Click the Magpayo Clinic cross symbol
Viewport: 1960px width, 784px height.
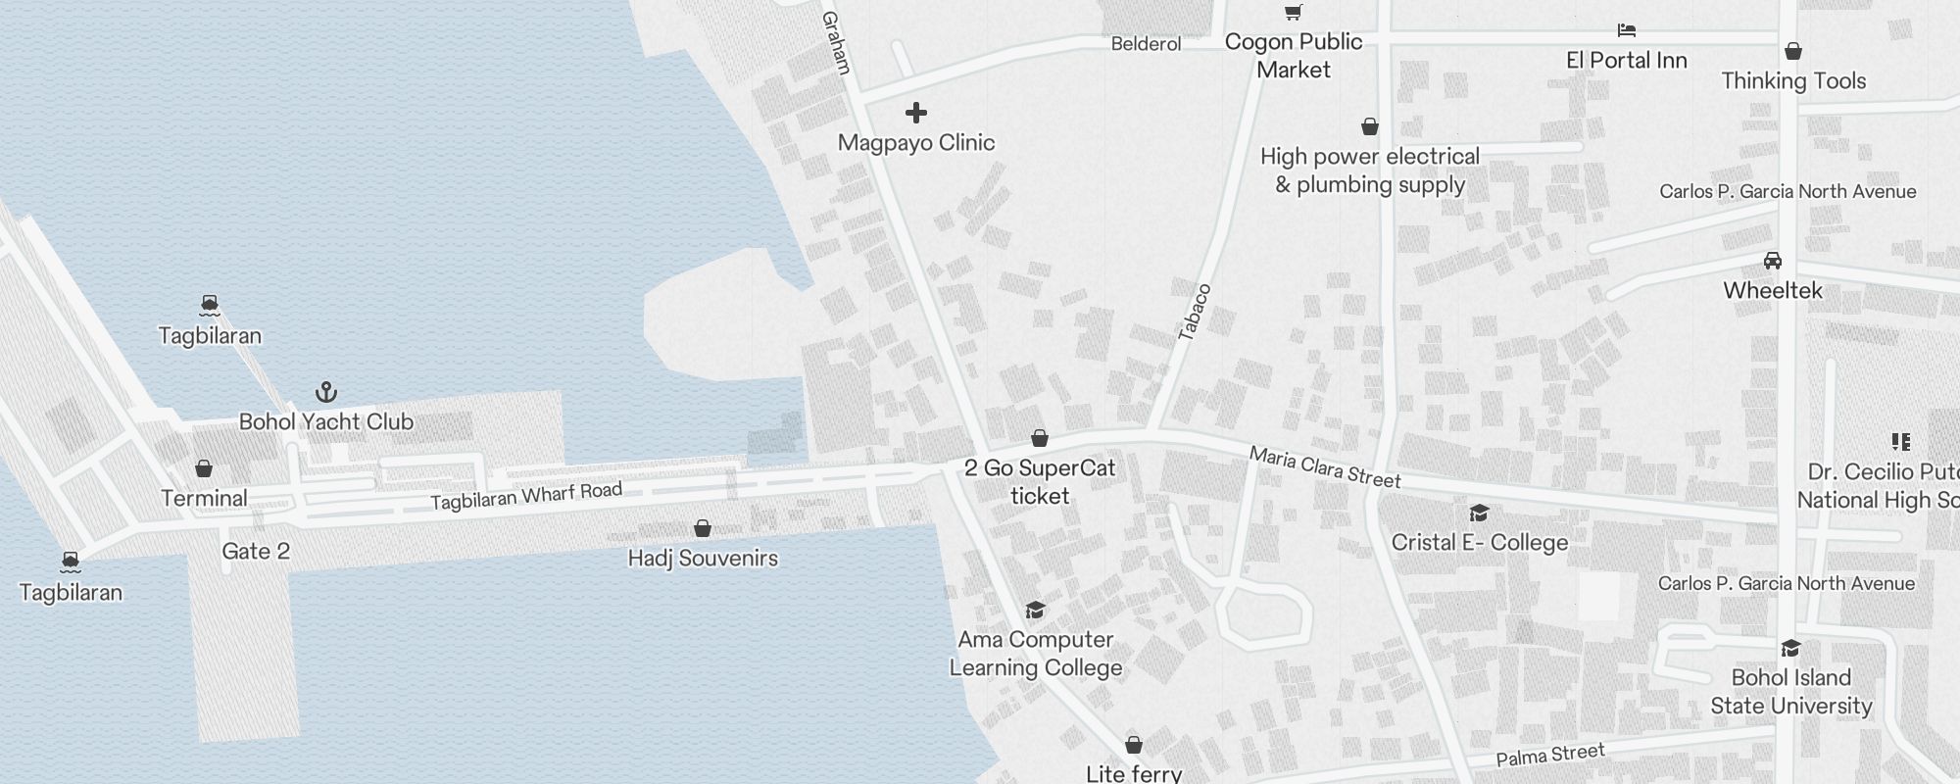tap(916, 113)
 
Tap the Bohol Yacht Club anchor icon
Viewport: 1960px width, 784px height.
tap(326, 393)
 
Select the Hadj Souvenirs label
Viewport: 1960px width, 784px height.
tap(703, 559)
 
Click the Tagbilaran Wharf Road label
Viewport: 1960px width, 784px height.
tap(526, 496)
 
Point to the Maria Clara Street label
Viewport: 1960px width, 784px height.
tap(1325, 466)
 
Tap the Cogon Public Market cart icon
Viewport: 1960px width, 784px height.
tap(1294, 13)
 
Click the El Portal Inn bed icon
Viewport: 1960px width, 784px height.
tap(1627, 30)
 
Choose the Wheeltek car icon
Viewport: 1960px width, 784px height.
tap(1773, 261)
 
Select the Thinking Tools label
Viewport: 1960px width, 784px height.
tap(1793, 81)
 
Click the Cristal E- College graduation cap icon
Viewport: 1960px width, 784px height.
tap(1479, 513)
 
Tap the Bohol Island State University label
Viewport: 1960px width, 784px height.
tap(1791, 692)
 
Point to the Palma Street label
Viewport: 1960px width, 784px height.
tap(1550, 756)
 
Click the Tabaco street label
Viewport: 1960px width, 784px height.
tap(1195, 312)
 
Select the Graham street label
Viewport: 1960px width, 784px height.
tap(836, 43)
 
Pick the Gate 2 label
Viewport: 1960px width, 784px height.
tap(256, 552)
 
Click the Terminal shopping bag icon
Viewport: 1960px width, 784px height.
tap(204, 468)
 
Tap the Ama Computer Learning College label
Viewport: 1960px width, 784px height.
tap(1036, 654)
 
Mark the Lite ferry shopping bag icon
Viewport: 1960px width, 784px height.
tap(1134, 745)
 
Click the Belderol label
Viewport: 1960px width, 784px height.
tap(1146, 44)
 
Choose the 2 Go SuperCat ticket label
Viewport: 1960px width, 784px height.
tap(1040, 482)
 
